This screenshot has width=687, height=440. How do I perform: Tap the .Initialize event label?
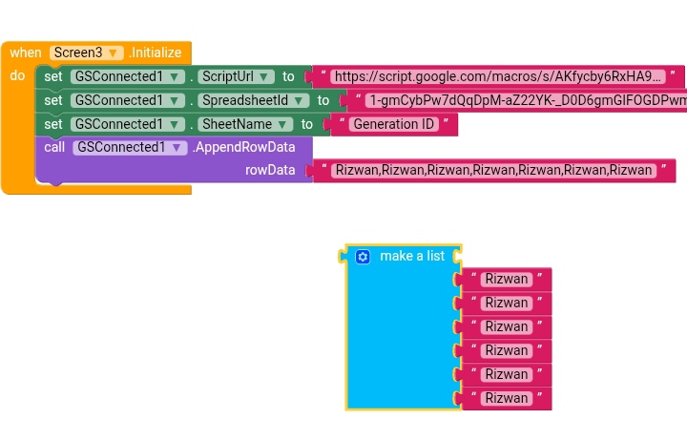(x=155, y=52)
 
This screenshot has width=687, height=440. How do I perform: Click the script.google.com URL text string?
(x=498, y=76)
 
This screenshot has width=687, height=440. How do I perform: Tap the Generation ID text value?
(x=392, y=124)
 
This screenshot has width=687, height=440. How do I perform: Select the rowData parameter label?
(x=270, y=170)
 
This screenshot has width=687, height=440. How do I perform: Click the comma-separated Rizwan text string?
(x=493, y=170)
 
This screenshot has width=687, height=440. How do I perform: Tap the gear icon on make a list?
(x=362, y=257)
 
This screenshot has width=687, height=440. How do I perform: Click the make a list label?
(x=412, y=256)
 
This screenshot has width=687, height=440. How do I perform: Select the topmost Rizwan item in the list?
(x=506, y=279)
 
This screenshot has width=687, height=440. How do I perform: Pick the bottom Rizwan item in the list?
(x=506, y=398)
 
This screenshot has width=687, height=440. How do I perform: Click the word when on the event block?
(x=25, y=52)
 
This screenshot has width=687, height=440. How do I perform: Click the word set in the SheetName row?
(x=53, y=124)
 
